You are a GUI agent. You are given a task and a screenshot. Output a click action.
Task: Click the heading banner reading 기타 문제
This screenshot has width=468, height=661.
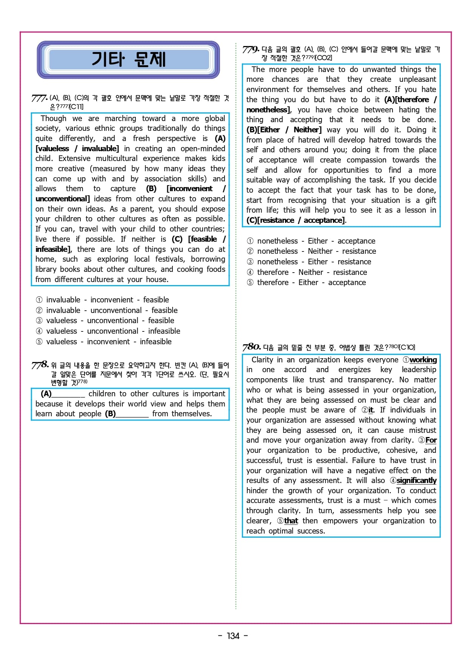(x=128, y=60)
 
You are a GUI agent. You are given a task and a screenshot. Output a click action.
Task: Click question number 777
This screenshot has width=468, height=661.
(x=39, y=98)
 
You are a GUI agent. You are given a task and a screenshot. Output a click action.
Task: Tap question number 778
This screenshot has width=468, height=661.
(x=40, y=365)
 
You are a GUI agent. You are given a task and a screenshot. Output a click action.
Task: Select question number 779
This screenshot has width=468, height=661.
(x=251, y=49)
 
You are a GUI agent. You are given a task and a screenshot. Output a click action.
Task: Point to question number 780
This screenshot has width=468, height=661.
(x=251, y=347)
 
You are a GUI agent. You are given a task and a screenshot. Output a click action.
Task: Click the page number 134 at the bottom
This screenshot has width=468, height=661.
(x=233, y=636)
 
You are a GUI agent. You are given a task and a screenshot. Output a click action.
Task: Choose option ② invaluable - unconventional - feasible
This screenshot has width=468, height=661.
(x=106, y=310)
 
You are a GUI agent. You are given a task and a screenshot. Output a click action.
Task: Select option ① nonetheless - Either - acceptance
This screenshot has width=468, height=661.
(x=311, y=241)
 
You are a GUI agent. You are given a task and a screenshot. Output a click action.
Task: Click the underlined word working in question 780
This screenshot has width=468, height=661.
(x=423, y=360)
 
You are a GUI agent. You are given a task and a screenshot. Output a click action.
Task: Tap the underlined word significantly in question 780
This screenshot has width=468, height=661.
(x=416, y=480)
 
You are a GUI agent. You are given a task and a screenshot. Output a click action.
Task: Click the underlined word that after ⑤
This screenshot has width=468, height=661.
(x=291, y=521)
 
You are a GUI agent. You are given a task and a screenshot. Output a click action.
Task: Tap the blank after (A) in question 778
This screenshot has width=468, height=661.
(x=68, y=394)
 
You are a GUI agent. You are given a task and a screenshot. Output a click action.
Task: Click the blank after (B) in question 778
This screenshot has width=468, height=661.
(x=132, y=414)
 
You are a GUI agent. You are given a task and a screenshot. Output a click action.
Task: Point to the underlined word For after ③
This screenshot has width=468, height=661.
(x=431, y=440)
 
